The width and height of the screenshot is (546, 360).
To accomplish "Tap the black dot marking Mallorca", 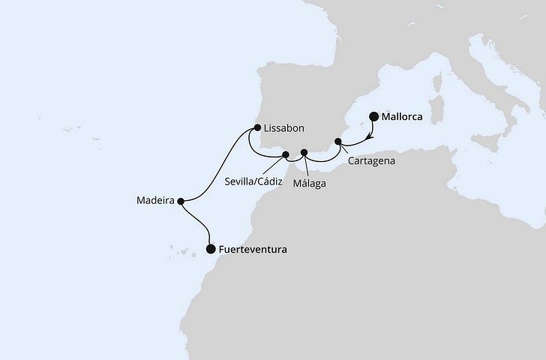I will [x=374, y=117].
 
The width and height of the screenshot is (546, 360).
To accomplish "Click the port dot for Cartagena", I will [x=338, y=141].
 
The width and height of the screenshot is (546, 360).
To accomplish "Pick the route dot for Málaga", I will [x=304, y=154].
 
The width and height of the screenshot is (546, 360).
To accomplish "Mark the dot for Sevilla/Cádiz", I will [x=286, y=155].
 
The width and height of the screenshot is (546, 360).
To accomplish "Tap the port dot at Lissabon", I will [x=256, y=127].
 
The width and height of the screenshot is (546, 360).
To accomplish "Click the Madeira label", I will [x=155, y=201].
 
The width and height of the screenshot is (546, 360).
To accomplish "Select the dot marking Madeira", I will [x=181, y=200].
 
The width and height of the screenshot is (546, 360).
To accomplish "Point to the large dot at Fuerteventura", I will [x=210, y=249].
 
